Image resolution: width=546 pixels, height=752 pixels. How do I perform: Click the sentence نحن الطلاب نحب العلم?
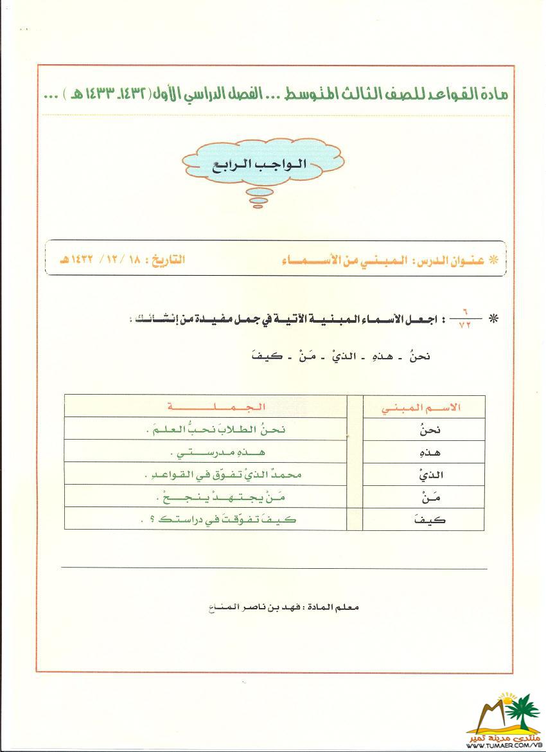coord(216,429)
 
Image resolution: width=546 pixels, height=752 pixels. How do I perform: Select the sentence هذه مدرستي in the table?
coord(216,452)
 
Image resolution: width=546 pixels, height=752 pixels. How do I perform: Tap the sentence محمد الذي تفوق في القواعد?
coord(216,474)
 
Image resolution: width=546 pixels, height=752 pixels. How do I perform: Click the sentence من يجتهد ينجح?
coord(216,496)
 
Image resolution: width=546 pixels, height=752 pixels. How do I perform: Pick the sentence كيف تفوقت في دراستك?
coord(216,519)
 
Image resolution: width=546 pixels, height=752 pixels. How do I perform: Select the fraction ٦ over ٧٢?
coord(464,319)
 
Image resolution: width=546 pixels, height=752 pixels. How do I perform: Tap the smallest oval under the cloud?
coord(259,206)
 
